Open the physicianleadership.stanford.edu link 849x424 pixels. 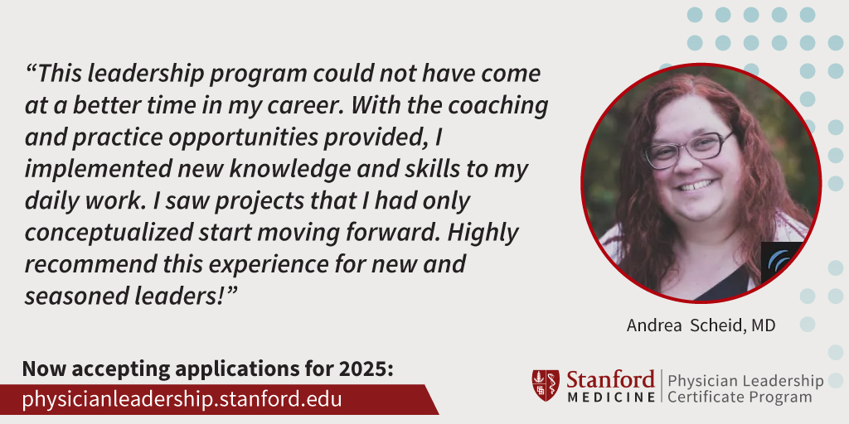coord(182,399)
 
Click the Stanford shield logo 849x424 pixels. coord(546,385)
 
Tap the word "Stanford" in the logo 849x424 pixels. coord(610,379)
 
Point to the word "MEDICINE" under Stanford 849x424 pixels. coord(610,397)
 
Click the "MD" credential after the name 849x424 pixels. coord(763,325)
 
